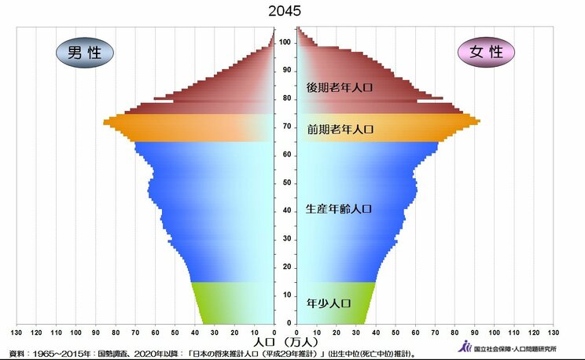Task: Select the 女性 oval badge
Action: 485,53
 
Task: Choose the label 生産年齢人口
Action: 338,209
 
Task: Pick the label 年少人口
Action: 328,303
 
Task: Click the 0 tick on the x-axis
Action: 274,332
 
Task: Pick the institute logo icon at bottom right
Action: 466,347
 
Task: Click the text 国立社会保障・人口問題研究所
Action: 515,348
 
